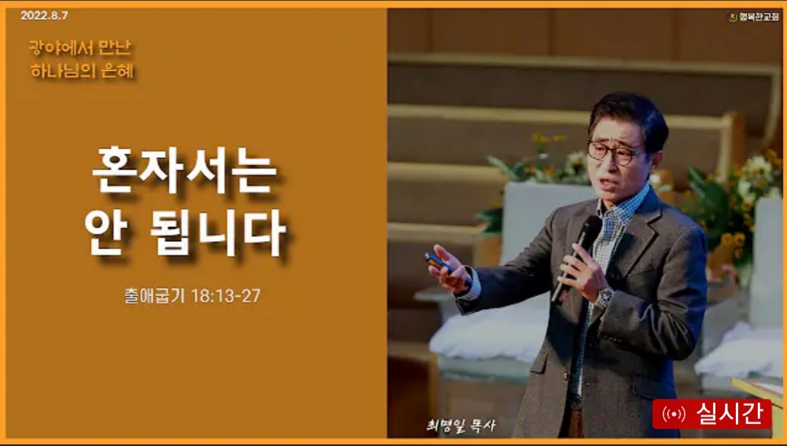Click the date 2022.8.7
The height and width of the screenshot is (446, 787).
pyautogui.click(x=44, y=15)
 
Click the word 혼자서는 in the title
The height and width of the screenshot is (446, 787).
pyautogui.click(x=184, y=170)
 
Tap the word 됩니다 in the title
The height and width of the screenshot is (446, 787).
pyautogui.click(x=219, y=232)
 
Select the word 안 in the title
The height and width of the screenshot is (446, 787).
pyautogui.click(x=106, y=232)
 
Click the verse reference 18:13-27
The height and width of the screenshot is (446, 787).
pyautogui.click(x=226, y=296)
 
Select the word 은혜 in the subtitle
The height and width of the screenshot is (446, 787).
pyautogui.click(x=118, y=71)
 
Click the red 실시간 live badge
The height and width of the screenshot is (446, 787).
pyautogui.click(x=712, y=414)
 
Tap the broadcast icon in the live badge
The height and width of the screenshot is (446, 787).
pyautogui.click(x=674, y=415)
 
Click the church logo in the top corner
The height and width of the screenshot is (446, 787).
pyautogui.click(x=733, y=17)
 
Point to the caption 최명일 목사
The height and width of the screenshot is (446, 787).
pyautogui.click(x=461, y=426)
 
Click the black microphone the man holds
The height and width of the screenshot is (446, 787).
pyautogui.click(x=575, y=258)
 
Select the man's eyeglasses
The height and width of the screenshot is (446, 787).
pyautogui.click(x=614, y=154)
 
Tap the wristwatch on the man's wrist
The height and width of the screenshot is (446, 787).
pyautogui.click(x=604, y=297)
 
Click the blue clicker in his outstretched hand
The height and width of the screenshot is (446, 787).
pyautogui.click(x=440, y=263)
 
